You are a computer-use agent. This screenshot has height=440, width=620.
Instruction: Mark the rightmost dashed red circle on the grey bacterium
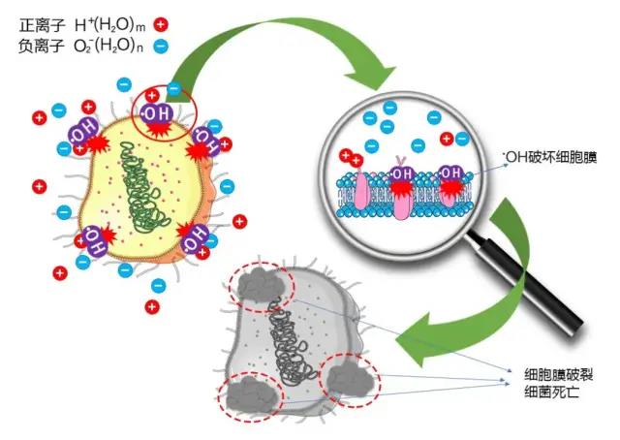[x=350, y=377]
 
